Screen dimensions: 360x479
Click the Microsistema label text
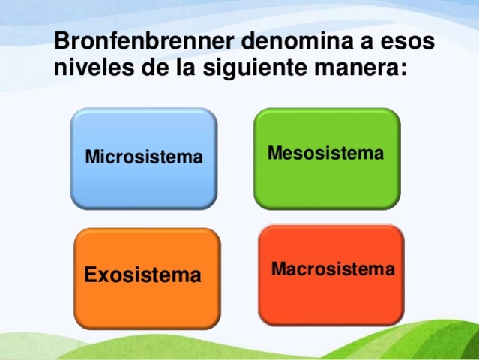[x=143, y=157]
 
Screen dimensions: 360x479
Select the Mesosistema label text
[x=325, y=154]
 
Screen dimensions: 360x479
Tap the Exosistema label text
[x=142, y=275]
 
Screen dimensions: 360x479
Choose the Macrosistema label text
[x=332, y=268]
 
